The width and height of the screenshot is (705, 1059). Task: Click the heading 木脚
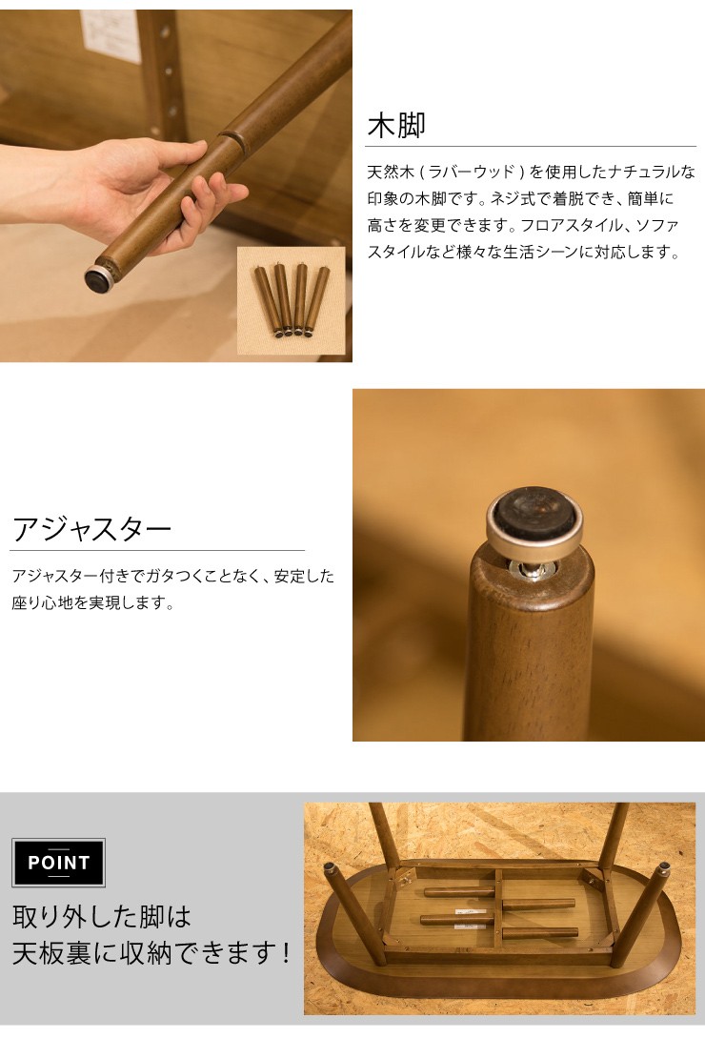(x=396, y=125)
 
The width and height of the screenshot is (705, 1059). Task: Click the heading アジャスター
(x=91, y=528)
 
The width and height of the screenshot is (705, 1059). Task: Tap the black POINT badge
(x=58, y=863)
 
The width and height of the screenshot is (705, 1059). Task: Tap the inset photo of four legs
(x=291, y=300)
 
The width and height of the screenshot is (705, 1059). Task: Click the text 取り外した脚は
(x=102, y=916)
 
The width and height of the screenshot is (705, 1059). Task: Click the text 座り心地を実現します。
(x=92, y=603)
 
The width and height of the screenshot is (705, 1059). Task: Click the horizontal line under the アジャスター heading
(x=157, y=550)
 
